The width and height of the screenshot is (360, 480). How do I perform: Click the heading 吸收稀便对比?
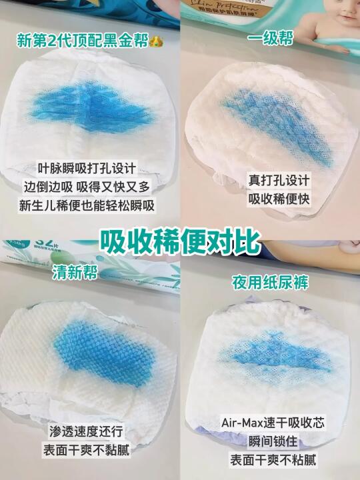tap(180, 242)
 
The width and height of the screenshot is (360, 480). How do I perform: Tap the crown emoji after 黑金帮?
tap(157, 41)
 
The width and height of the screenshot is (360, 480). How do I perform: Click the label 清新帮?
tap(75, 272)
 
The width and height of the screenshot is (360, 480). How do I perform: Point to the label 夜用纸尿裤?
tap(270, 282)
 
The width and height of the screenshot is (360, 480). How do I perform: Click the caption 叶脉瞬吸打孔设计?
tap(87, 168)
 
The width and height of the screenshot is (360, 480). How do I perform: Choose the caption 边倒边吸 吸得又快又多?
tap(87, 187)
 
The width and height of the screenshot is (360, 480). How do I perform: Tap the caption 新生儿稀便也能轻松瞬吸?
tap(87, 205)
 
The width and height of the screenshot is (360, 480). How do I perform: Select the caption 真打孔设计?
tap(279, 180)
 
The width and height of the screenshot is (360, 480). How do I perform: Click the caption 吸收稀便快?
tap(279, 199)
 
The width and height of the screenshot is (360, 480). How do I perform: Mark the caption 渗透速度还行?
tap(86, 431)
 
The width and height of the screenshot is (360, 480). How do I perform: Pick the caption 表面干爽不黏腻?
tap(86, 450)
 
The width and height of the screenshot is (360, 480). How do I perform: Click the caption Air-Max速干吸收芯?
tap(273, 423)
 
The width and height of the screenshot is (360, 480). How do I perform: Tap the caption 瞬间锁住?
tap(273, 441)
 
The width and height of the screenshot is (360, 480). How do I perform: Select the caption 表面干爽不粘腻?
tap(273, 460)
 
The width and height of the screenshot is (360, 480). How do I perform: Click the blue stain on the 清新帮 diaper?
tap(105, 353)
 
